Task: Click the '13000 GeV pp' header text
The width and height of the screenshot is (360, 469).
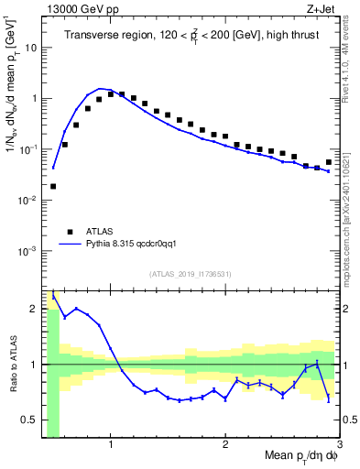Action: point(79,9)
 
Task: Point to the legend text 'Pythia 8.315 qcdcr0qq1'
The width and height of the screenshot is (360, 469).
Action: point(138,245)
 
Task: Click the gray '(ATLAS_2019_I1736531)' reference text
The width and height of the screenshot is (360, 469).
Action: point(191,274)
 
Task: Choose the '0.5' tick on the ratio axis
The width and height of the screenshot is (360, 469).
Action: point(31,420)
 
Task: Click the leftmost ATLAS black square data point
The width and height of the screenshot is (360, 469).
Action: point(53,186)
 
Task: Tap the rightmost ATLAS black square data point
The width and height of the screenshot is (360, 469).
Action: point(329,162)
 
